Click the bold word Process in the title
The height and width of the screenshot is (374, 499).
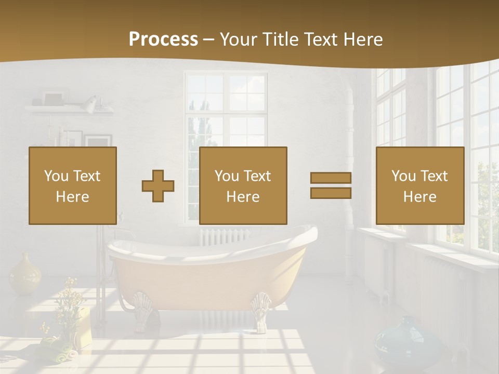point(163,39)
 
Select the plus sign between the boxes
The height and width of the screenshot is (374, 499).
point(158,186)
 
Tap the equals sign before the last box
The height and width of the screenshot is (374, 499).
point(331,185)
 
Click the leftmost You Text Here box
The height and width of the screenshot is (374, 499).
point(73,186)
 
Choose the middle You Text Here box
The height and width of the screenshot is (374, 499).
point(243,186)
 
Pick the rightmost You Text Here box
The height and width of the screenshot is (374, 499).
point(420,186)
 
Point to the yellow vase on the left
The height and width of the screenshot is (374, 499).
point(25,273)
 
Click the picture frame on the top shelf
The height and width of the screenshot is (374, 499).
point(53,98)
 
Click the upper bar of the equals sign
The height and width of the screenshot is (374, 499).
point(331,178)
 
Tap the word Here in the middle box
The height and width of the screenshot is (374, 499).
point(243,197)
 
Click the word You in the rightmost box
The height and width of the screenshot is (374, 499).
point(403,176)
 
